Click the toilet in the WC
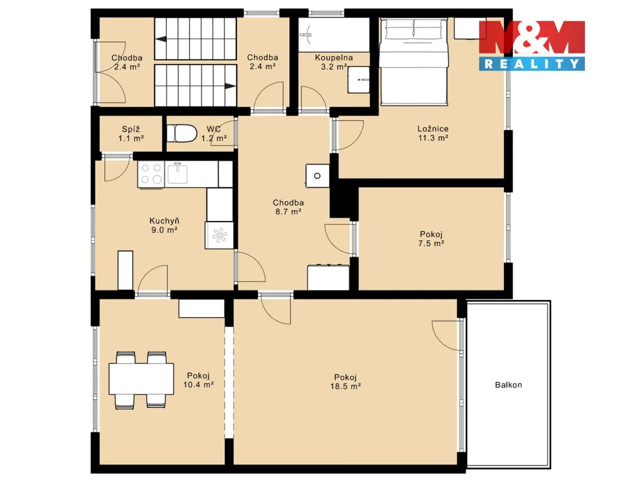(182, 134)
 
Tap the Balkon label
(508, 385)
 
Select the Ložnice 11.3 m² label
(433, 133)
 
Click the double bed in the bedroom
(413, 62)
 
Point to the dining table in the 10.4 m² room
(141, 379)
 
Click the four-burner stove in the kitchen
(151, 174)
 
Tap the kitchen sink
(177, 174)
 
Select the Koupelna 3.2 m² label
(334, 62)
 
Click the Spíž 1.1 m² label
(131, 134)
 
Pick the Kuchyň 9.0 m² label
(164, 225)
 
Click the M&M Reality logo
(532, 45)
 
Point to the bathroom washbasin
(359, 80)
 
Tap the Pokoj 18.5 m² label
(345, 381)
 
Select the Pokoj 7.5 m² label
(431, 238)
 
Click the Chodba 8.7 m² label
(288, 207)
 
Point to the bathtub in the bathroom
(334, 35)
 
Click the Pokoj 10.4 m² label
(199, 380)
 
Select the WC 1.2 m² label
(214, 134)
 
